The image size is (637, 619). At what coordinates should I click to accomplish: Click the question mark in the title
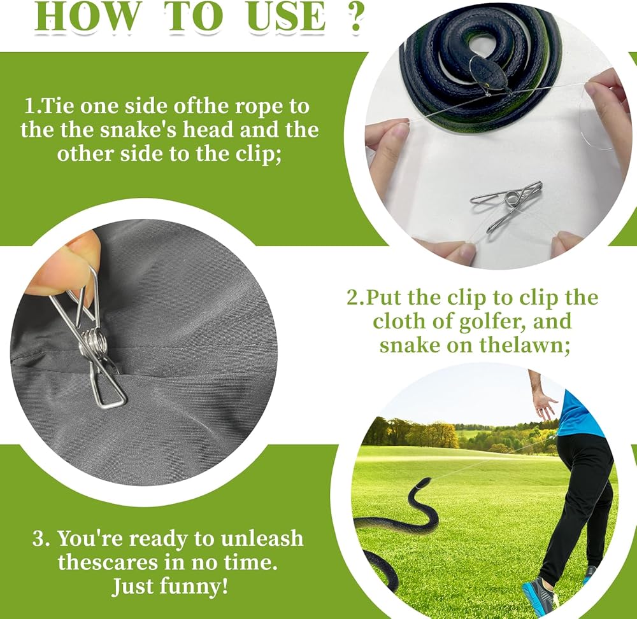coord(356,17)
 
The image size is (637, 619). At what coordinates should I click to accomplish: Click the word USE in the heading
coord(287,17)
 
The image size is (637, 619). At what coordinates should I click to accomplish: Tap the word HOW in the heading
coord(87,17)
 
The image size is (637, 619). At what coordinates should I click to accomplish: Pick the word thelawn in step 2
coord(524,345)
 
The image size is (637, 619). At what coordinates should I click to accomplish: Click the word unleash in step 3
coord(262,539)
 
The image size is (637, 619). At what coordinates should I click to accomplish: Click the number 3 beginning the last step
coord(39,539)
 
